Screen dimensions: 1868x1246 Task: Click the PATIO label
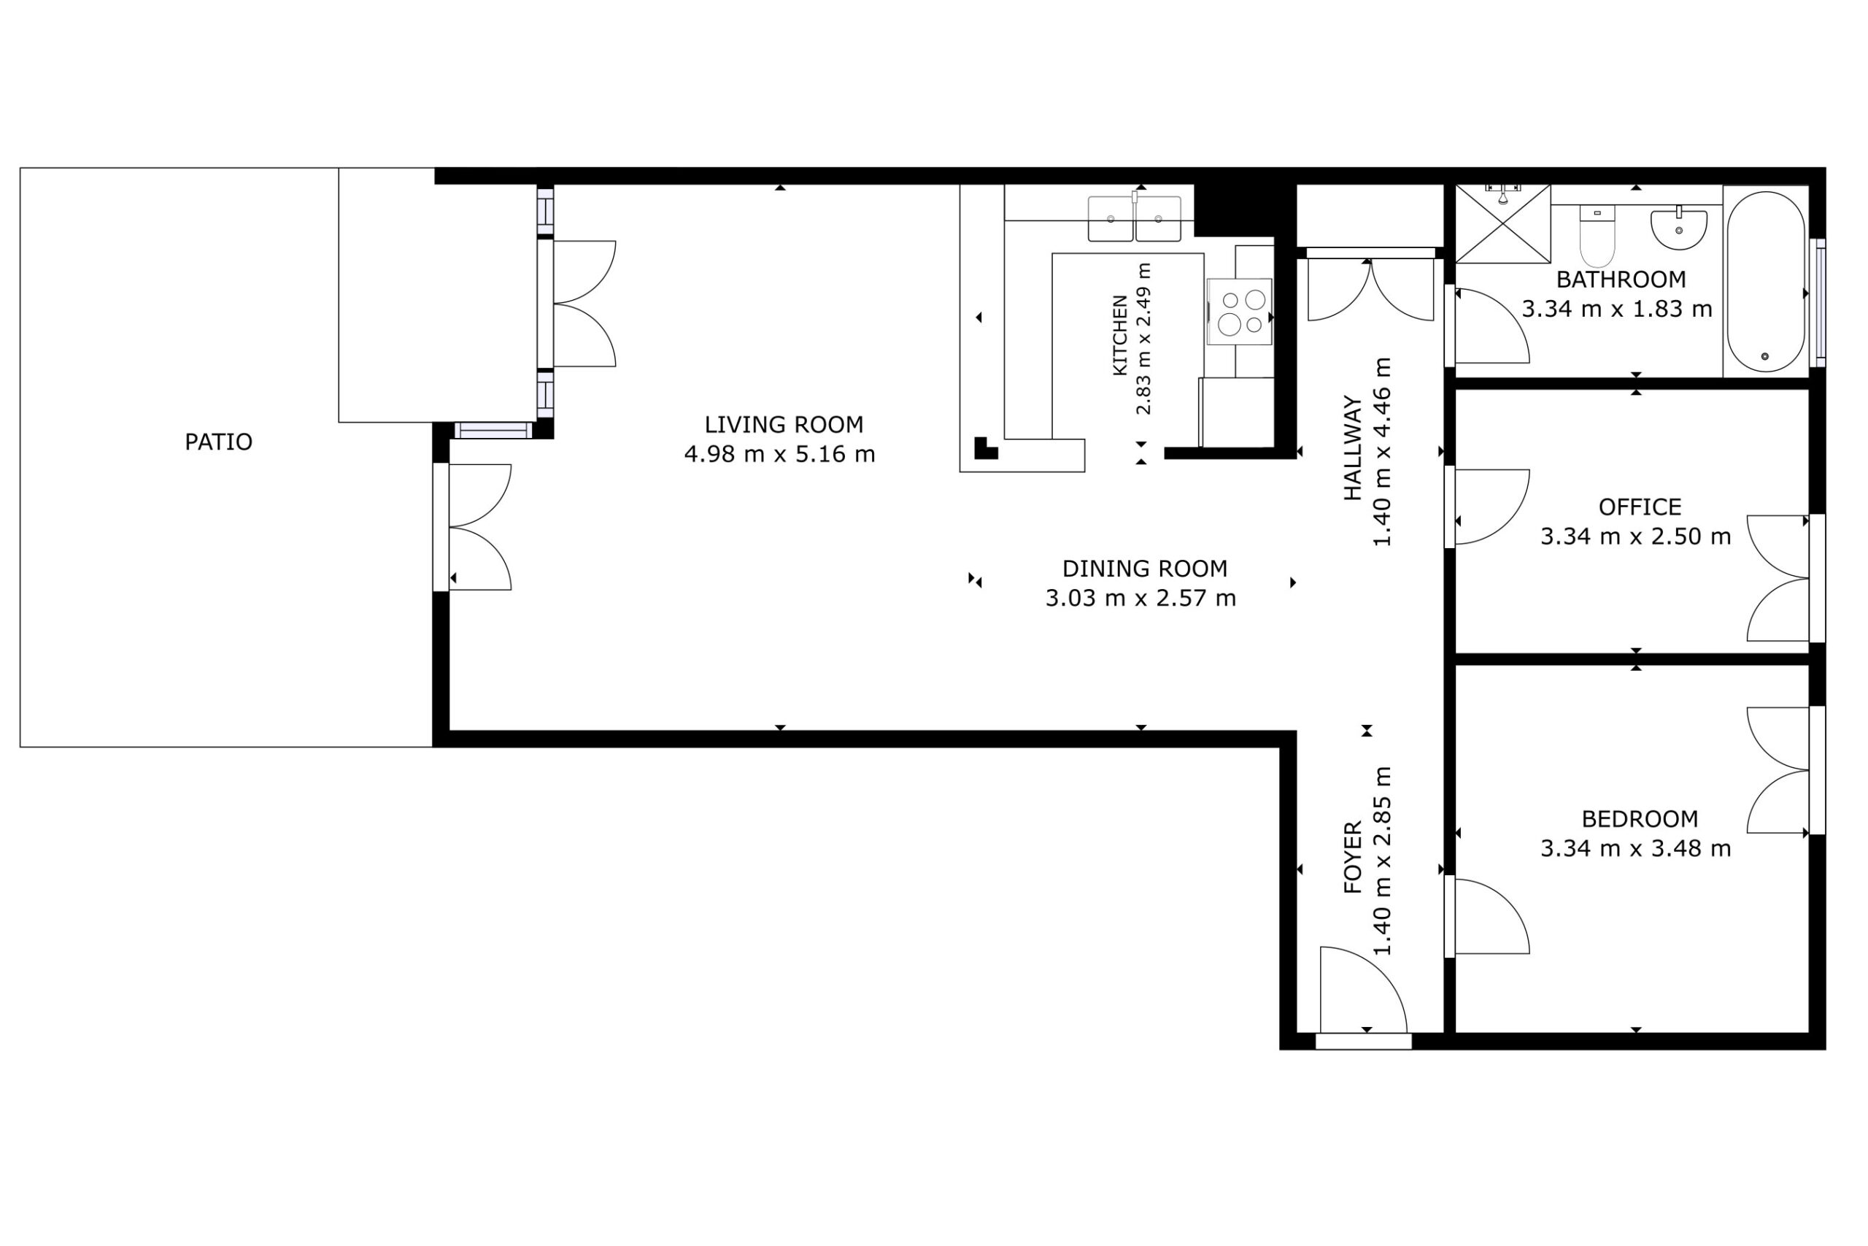218,442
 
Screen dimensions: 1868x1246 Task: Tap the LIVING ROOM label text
784,425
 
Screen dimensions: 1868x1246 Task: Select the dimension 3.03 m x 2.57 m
1141,599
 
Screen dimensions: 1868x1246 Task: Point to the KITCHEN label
1120,335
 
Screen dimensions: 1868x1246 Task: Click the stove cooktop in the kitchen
1239,312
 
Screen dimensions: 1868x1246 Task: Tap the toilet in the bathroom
1597,236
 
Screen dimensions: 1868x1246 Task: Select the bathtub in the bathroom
1765,281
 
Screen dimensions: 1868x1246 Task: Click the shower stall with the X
1502,223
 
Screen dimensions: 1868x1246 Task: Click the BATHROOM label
1621,280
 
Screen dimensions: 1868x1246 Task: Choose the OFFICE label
1640,507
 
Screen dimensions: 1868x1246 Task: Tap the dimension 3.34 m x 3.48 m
1636,849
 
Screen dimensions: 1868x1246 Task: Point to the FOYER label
1353,858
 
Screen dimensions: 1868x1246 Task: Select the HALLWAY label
1353,448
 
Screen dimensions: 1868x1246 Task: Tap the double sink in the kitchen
1134,218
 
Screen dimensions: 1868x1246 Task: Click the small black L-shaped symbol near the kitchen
985,448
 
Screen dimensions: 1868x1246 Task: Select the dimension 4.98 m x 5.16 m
780,455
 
